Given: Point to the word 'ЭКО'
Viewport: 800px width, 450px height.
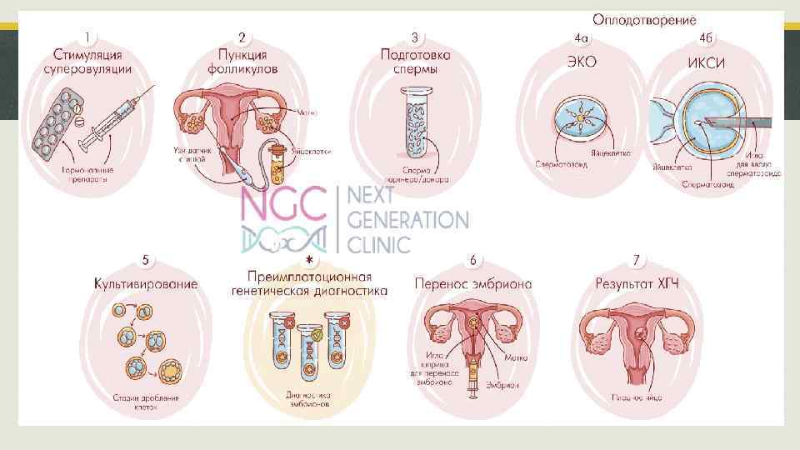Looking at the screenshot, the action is pyautogui.click(x=582, y=61).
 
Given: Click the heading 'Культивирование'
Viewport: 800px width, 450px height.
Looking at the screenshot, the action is pyautogui.click(x=146, y=284).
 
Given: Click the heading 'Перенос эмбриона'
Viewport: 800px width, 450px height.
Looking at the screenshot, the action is pyautogui.click(x=472, y=284).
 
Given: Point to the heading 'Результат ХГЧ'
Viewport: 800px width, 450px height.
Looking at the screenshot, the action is pyautogui.click(x=637, y=284).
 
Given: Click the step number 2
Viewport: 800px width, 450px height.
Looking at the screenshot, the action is pyautogui.click(x=242, y=37).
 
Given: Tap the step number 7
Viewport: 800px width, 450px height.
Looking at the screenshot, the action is pyautogui.click(x=637, y=261).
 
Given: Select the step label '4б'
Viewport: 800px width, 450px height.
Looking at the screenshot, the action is pyautogui.click(x=706, y=37).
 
